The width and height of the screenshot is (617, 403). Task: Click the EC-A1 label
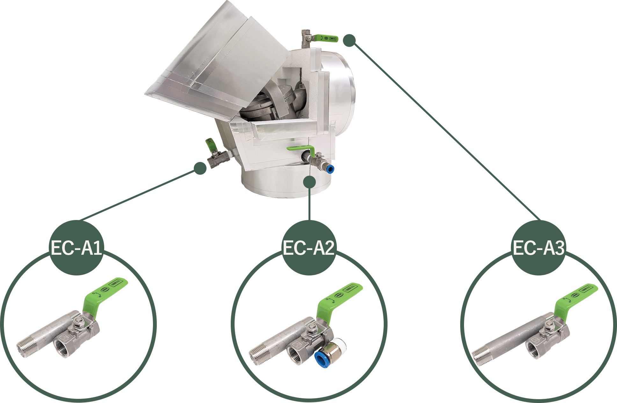pos(76,248)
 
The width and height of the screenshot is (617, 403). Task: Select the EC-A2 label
pos(308,248)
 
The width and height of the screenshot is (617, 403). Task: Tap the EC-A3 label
pos(538,248)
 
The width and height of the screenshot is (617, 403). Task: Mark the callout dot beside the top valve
pos(349,40)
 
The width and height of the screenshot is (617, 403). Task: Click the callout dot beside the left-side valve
pos(200,168)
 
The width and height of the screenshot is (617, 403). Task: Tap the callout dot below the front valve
pos(309,182)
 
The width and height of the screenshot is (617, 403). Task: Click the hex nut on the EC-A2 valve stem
pos(311,328)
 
